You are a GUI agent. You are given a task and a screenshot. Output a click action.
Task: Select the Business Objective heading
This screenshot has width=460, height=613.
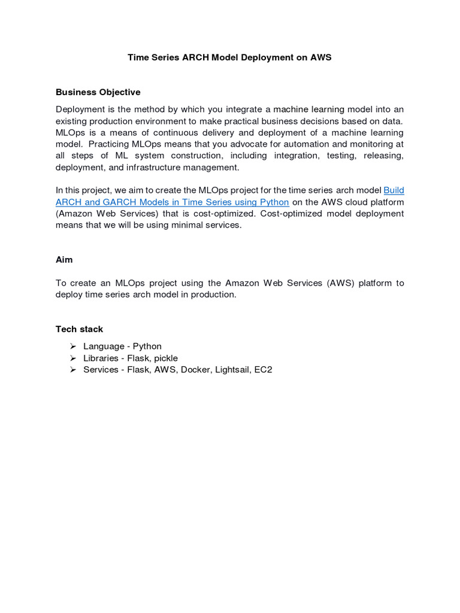(98, 92)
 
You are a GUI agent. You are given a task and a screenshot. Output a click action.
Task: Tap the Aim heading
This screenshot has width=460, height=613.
(64, 260)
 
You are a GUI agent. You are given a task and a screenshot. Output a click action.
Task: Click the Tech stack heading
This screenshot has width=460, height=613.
(79, 329)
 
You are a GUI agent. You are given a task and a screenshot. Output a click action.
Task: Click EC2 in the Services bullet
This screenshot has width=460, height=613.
(263, 369)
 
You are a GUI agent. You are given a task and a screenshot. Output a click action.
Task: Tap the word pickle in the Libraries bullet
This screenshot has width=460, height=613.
(165, 358)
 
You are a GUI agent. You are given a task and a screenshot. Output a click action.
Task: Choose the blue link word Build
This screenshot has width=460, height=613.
(394, 190)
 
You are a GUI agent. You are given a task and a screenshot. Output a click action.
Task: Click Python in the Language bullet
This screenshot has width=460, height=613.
(147, 346)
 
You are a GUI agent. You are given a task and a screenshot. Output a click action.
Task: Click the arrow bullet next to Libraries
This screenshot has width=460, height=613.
(72, 358)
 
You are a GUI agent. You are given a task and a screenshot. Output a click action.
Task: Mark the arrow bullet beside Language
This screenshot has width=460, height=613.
(72, 346)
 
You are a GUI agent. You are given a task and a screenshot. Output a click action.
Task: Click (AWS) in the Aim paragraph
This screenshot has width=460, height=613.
(341, 283)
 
